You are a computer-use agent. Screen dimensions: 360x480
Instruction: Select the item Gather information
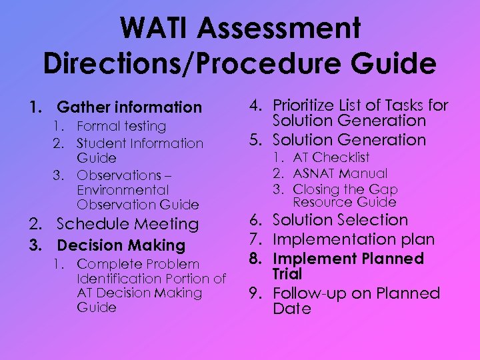[x=129, y=107]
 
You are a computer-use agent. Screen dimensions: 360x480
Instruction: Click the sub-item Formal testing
[x=121, y=126]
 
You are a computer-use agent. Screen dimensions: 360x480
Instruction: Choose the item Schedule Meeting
[x=127, y=224]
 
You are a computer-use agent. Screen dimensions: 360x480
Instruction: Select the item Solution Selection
[x=340, y=220]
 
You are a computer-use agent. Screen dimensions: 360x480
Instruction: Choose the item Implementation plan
[x=353, y=239]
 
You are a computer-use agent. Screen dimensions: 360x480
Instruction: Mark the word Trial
[x=287, y=274]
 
